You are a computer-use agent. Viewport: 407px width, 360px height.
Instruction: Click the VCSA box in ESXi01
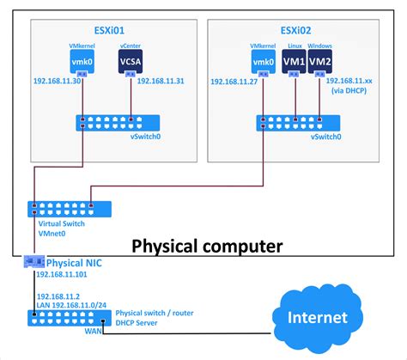tap(131, 61)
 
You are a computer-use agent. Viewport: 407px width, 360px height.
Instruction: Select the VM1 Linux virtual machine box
tap(294, 61)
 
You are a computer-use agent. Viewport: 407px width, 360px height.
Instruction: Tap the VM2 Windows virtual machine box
tap(320, 61)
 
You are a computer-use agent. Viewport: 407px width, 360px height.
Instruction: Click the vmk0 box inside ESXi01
tap(82, 61)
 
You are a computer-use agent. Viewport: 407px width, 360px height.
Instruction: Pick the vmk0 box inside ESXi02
tap(264, 62)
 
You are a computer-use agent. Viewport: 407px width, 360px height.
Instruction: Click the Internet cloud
tap(318, 318)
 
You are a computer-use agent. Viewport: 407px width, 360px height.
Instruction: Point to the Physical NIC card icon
tap(34, 262)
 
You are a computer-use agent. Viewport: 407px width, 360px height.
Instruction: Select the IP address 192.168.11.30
tap(57, 81)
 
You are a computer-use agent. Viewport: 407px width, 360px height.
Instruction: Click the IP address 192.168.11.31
tap(161, 81)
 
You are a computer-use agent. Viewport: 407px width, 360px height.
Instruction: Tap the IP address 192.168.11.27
tap(234, 82)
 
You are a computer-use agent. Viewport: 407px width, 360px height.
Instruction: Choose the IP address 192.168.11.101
tap(62, 274)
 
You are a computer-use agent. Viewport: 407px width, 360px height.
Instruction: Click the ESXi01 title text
tap(109, 30)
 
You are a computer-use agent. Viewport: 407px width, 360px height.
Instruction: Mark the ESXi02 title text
tap(295, 30)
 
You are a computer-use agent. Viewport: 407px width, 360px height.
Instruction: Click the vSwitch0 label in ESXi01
tap(145, 137)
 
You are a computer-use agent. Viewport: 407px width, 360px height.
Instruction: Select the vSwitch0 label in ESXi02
tap(326, 137)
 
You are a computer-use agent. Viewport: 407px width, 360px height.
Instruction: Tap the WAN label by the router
tap(93, 331)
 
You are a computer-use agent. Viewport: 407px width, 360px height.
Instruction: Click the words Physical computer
tap(207, 247)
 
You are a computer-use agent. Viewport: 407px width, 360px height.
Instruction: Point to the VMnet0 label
tap(52, 234)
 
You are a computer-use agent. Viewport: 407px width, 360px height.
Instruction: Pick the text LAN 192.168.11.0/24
tap(71, 305)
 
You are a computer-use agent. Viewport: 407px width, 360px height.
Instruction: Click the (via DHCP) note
tap(349, 91)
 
